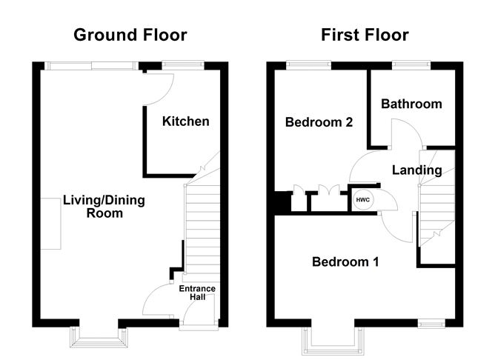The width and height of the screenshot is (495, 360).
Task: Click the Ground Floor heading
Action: [130, 35]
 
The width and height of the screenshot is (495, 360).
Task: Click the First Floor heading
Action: [365, 35]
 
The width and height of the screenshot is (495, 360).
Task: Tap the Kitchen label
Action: [186, 121]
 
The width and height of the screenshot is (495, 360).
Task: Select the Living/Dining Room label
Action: [104, 207]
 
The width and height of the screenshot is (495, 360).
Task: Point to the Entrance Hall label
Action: [198, 293]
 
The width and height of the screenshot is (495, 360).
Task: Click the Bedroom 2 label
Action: [319, 123]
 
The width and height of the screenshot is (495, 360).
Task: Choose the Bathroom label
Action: [411, 104]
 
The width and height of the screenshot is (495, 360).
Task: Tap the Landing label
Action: [416, 170]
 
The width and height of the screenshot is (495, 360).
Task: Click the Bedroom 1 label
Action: [345, 262]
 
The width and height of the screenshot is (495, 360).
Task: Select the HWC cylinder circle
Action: [364, 200]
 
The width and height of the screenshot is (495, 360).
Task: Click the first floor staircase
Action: [436, 200]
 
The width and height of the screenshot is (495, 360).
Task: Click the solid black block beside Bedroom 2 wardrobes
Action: [282, 202]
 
